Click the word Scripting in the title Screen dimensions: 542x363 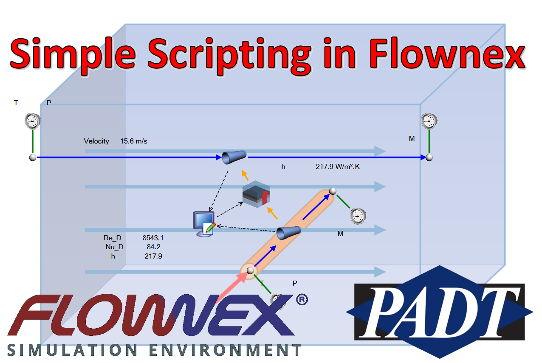pyautogui.click(x=229, y=56)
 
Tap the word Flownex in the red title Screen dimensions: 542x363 pyautogui.click(x=448, y=53)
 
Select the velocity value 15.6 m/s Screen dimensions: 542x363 pyautogui.click(x=134, y=141)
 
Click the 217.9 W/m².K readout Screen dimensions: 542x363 pyautogui.click(x=338, y=166)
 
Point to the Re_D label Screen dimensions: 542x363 pyautogui.click(x=112, y=238)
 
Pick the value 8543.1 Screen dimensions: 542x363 pyautogui.click(x=153, y=238)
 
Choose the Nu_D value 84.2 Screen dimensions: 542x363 pyautogui.click(x=154, y=247)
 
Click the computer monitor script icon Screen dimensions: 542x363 pyautogui.click(x=204, y=224)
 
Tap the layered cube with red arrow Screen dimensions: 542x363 pyautogui.click(x=257, y=194)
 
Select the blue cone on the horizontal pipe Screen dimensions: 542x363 pyautogui.click(x=234, y=157)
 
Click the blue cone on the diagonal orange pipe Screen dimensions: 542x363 pyautogui.click(x=289, y=233)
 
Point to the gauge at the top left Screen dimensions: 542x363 pyautogui.click(x=33, y=121)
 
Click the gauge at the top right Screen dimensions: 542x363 pyautogui.click(x=429, y=121)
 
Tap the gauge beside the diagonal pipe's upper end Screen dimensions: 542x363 pyautogui.click(x=358, y=216)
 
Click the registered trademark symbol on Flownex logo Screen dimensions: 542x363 pyautogui.click(x=302, y=300)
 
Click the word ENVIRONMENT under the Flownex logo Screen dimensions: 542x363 pyautogui.click(x=225, y=350)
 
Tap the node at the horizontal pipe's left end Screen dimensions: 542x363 pyautogui.click(x=33, y=158)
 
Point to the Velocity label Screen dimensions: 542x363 pyautogui.click(x=96, y=141)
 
